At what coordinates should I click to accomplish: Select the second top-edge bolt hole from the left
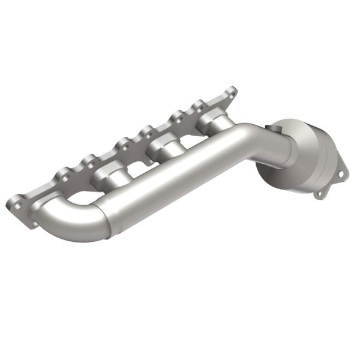[90, 160]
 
